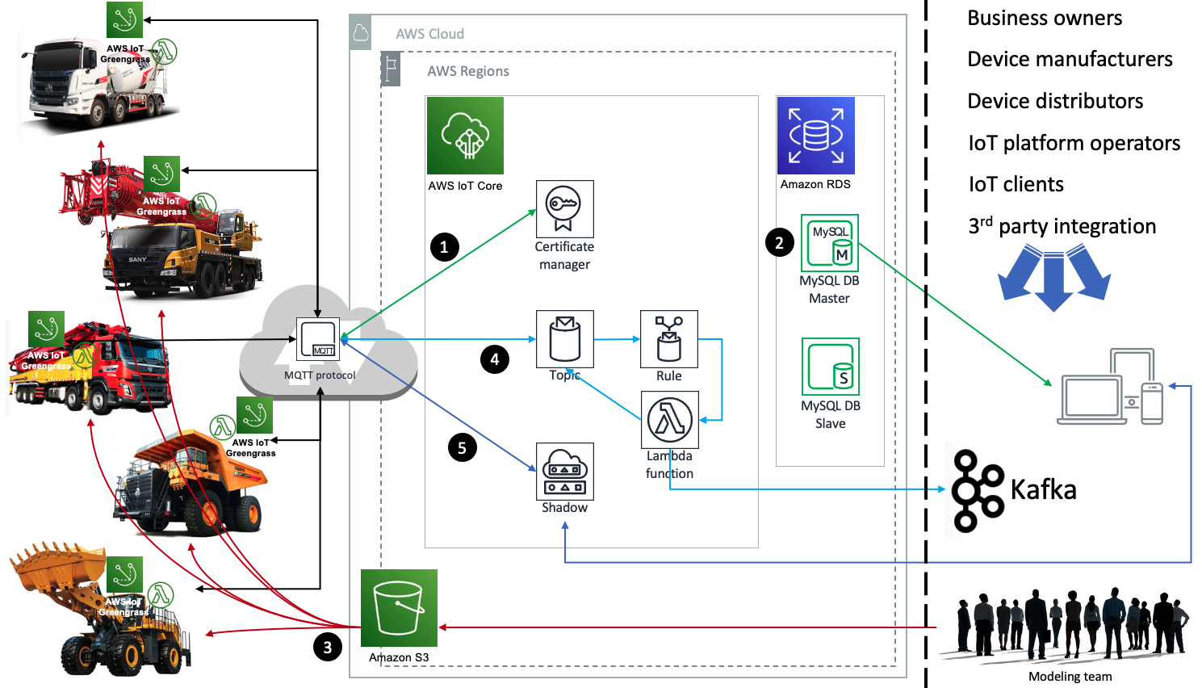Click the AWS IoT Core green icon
(465, 136)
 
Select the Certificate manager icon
(564, 208)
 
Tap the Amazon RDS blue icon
(815, 136)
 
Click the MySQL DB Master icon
(829, 242)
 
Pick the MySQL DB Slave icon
(830, 367)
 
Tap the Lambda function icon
(669, 420)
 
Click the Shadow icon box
(564, 472)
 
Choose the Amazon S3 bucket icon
(399, 608)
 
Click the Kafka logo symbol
(977, 491)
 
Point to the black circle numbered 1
(444, 247)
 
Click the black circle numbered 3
(327, 647)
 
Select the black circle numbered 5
(462, 448)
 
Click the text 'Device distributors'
(1055, 101)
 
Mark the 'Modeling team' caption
(1070, 677)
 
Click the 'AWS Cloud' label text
(429, 34)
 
